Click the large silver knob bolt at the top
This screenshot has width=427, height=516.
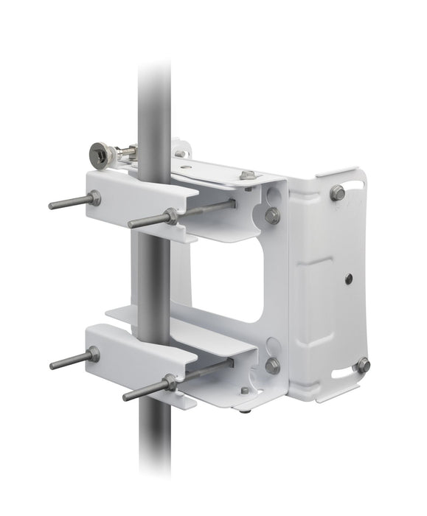[x=100, y=155]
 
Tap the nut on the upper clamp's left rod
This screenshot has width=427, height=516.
[x=94, y=198]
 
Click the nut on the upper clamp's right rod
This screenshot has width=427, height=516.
[x=171, y=216]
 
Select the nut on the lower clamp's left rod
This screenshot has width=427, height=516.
[x=93, y=355]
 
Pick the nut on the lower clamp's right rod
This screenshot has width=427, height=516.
[x=170, y=383]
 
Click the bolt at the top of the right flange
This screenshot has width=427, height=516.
[x=337, y=193]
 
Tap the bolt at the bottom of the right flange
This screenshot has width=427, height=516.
[x=361, y=365]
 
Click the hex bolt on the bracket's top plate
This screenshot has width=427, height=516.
[x=248, y=175]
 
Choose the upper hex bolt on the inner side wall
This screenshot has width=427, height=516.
[x=272, y=215]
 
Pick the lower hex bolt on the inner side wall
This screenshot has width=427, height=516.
[x=272, y=365]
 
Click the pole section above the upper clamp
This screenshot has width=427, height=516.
[x=154, y=103]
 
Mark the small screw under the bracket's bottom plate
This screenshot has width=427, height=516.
[x=245, y=391]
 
